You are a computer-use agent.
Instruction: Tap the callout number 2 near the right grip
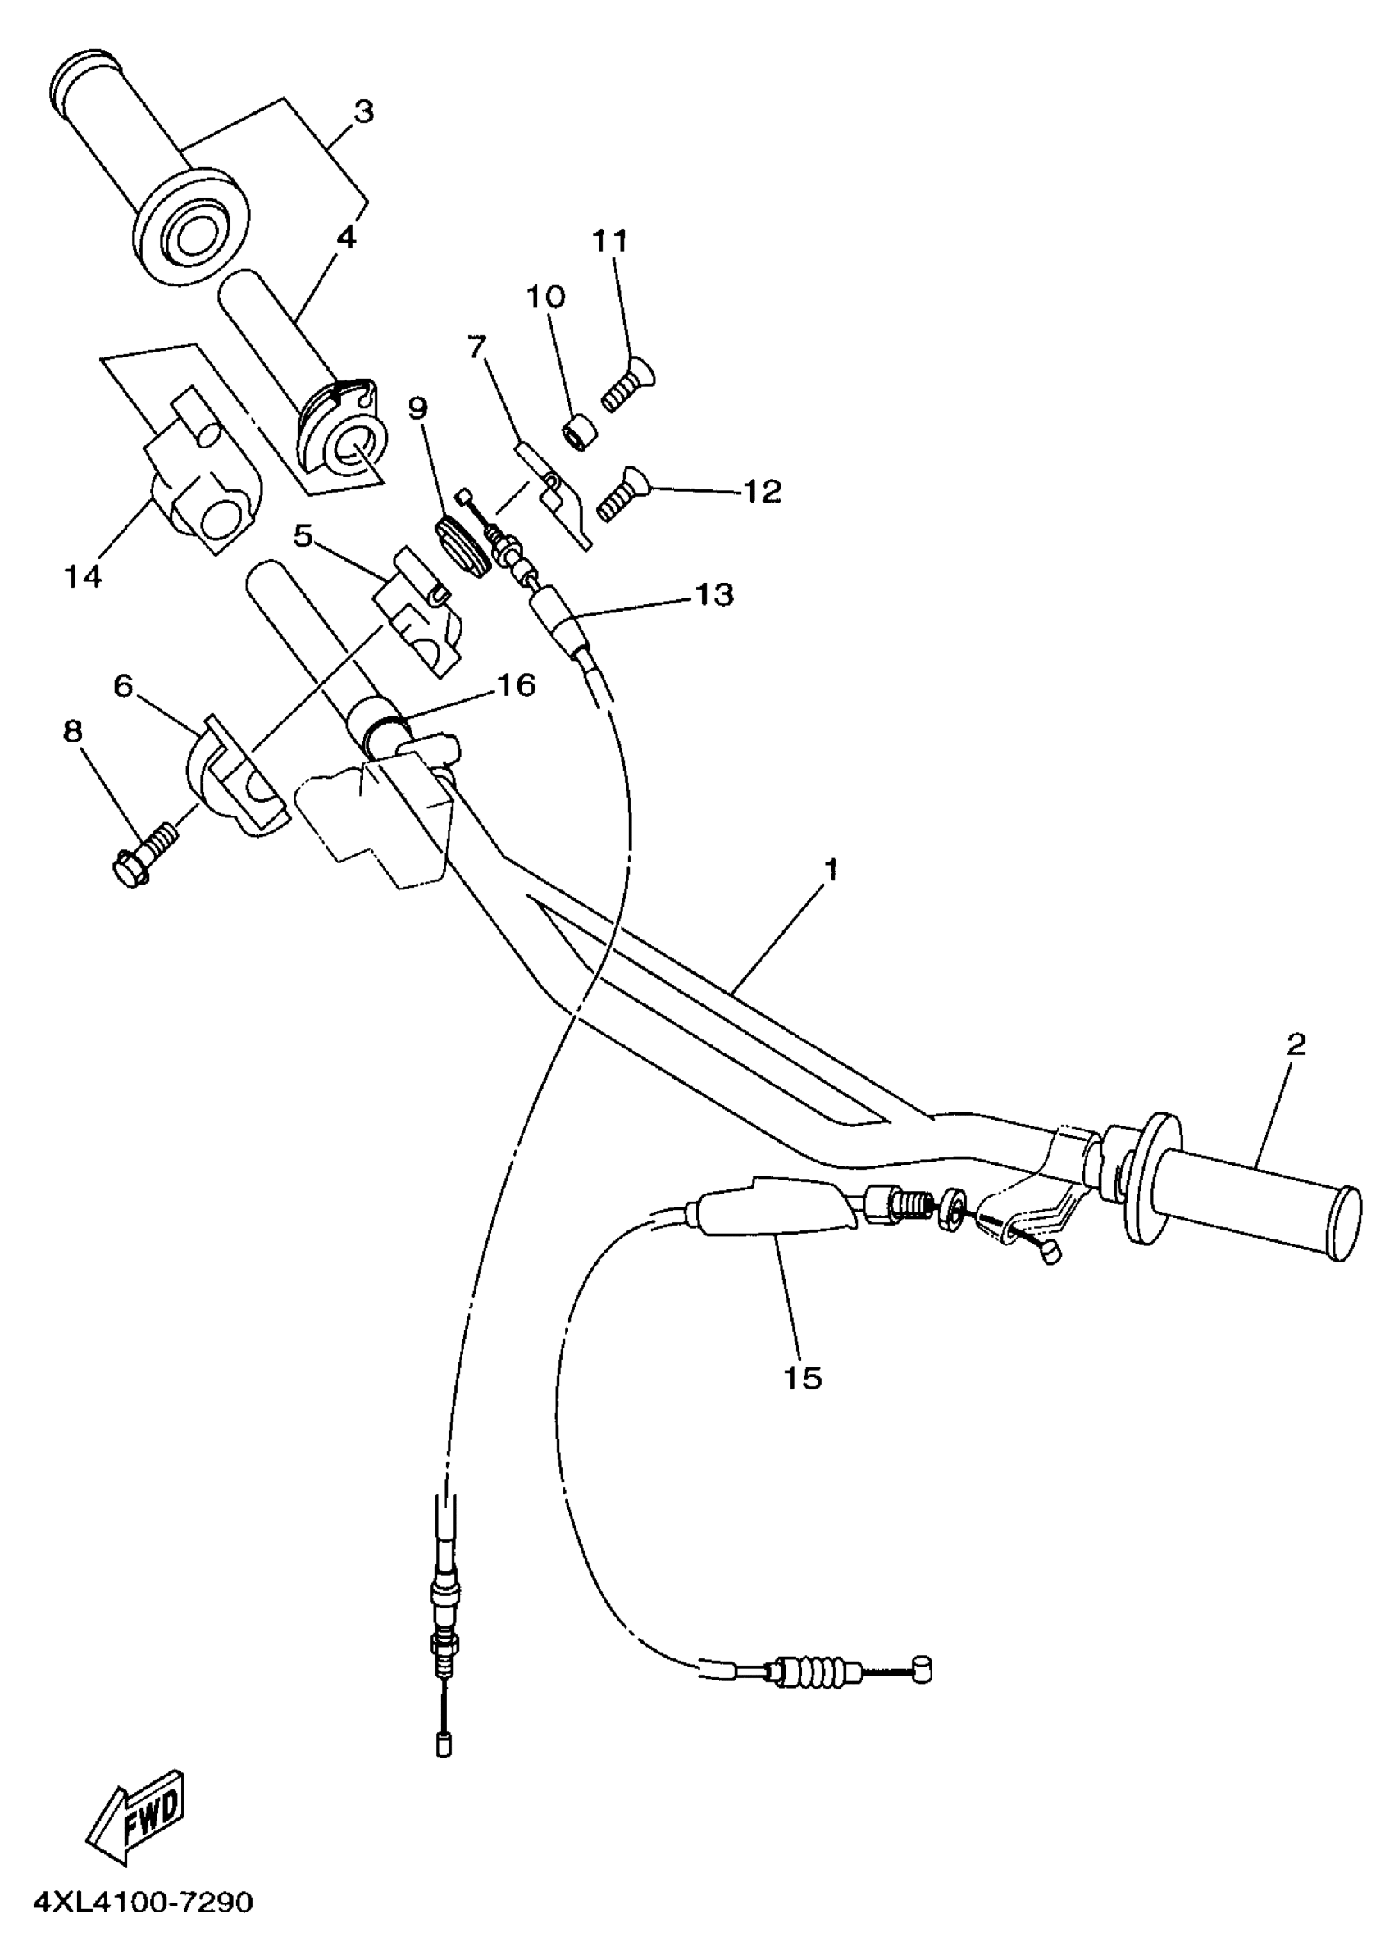coord(1296,1044)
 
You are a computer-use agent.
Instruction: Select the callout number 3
coord(364,112)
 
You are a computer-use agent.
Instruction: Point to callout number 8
coord(73,732)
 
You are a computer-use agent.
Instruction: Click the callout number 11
coord(609,241)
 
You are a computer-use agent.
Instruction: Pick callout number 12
coord(763,492)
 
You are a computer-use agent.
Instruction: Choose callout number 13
coord(714,593)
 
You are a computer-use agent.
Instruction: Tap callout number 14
coord(84,575)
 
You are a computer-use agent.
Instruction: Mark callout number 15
coord(803,1378)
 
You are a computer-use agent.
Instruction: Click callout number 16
coord(515,684)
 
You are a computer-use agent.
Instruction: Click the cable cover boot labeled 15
coord(776,1205)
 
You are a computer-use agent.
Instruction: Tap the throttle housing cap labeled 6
coord(236,771)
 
